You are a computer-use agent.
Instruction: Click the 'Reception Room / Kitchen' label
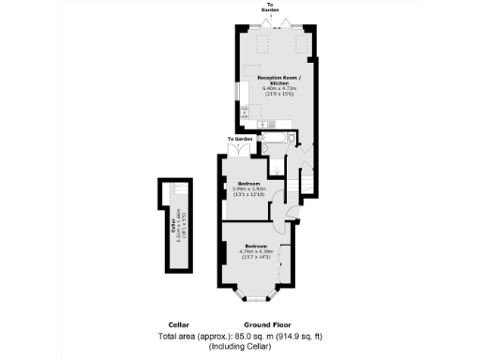point(272,80)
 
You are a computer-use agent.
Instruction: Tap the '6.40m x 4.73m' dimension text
point(272,88)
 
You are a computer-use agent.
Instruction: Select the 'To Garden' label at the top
point(272,7)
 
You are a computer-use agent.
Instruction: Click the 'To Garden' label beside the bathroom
point(239,140)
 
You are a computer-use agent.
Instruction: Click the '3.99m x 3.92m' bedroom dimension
point(249,188)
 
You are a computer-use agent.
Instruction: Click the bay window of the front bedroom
point(254,297)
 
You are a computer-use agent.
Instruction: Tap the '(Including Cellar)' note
point(240,347)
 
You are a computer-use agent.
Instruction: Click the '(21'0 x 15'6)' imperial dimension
point(272,96)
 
